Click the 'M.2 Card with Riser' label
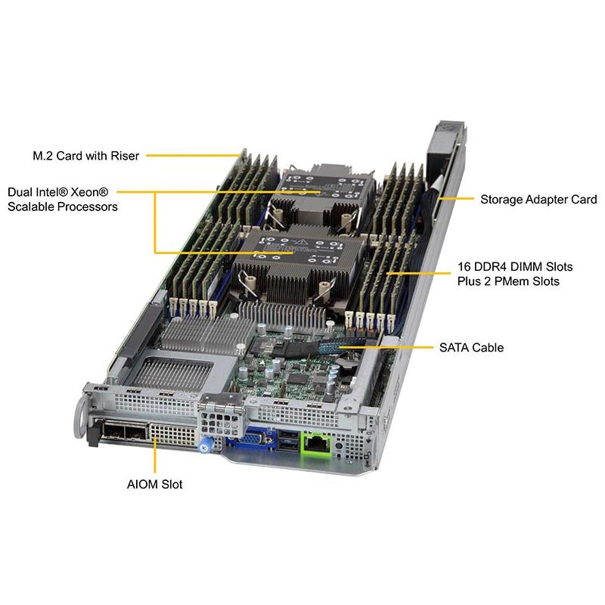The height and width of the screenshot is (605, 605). [85, 156]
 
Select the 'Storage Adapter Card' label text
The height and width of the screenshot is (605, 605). [538, 200]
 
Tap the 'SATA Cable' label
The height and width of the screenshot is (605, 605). [471, 348]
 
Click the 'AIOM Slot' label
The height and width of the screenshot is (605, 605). [155, 484]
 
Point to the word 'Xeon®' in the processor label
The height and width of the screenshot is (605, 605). [89, 192]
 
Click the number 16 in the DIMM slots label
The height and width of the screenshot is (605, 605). [464, 267]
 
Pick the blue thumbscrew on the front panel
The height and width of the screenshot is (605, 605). [204, 447]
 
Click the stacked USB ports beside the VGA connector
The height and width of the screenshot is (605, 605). [288, 440]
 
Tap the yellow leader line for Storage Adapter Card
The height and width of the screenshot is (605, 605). [456, 199]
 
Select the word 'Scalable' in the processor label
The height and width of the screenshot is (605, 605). [30, 206]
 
